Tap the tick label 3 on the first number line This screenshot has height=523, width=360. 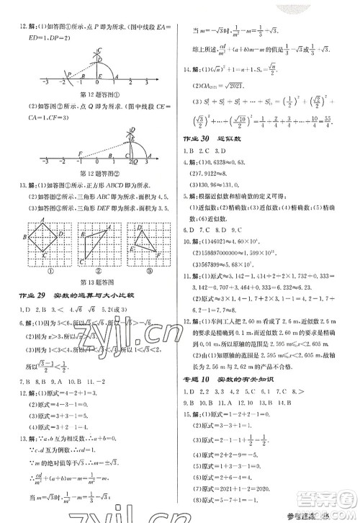click(146, 84)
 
